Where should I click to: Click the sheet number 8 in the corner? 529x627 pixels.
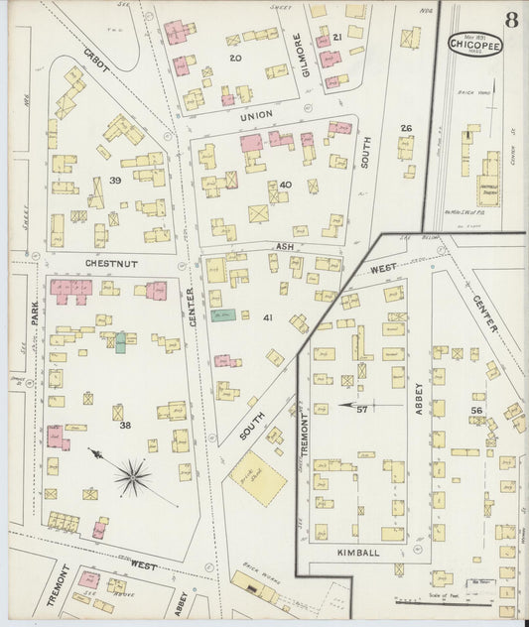(510, 20)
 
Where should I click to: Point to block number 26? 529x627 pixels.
(405, 128)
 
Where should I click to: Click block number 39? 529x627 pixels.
(115, 180)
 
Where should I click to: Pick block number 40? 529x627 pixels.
(286, 186)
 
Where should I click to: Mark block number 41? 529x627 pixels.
(267, 317)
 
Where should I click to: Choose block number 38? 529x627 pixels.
(125, 426)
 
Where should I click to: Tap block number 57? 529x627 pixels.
(362, 408)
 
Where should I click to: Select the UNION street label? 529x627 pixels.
(256, 116)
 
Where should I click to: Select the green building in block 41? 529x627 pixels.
(221, 315)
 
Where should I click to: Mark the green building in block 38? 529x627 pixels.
(120, 342)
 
